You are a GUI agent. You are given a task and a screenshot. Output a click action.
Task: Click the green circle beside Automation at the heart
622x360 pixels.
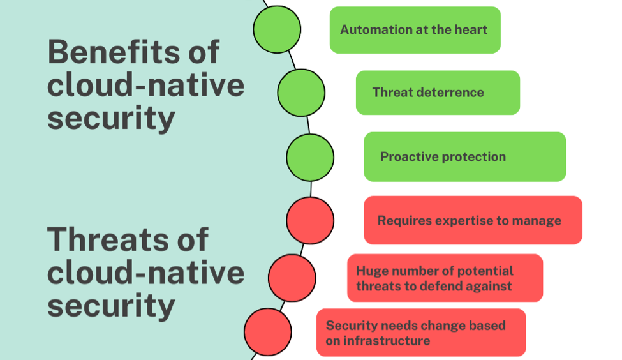[x=277, y=29]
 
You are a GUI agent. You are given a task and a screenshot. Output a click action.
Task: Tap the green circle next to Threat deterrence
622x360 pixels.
[x=301, y=93]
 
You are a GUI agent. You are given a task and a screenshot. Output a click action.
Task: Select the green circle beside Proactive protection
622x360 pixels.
[x=310, y=157]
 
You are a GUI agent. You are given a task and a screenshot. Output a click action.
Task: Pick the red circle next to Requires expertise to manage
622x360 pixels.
[x=310, y=220]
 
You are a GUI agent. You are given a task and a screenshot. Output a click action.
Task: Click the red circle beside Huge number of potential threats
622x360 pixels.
[x=292, y=278]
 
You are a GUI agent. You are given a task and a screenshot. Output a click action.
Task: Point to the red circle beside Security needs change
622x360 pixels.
[x=268, y=332]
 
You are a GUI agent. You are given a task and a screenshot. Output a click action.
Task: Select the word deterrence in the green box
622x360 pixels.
[x=450, y=93]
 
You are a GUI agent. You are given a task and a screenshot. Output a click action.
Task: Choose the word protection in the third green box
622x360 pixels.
[x=474, y=157]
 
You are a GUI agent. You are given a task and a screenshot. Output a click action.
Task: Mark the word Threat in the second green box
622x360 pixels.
[x=393, y=93]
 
